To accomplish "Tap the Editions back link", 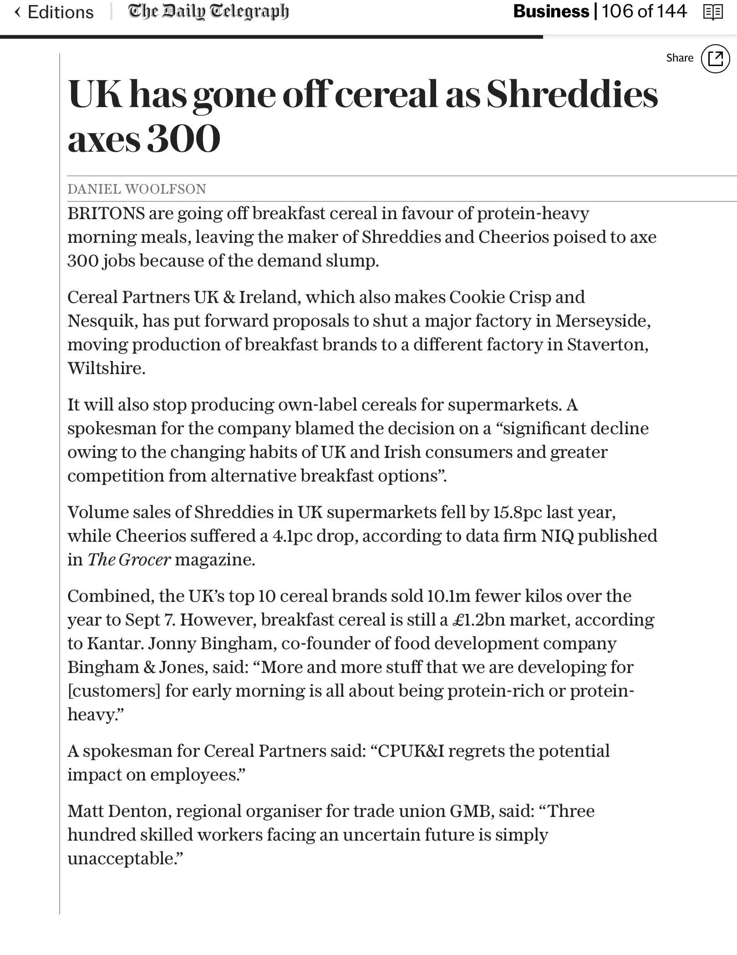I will (x=55, y=12).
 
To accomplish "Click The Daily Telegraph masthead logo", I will (x=208, y=12).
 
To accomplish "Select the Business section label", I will (x=551, y=11).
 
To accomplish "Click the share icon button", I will (x=715, y=58).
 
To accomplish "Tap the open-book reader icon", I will (x=713, y=12).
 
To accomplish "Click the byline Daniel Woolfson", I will (x=137, y=189).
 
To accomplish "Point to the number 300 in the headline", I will (x=183, y=139).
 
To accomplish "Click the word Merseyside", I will (x=602, y=321).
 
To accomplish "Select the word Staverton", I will (x=606, y=345).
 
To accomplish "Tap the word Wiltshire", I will (x=106, y=369).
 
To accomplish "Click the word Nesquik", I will (x=102, y=321).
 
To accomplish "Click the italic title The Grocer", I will (x=129, y=560).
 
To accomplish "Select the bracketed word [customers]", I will (x=114, y=691).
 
